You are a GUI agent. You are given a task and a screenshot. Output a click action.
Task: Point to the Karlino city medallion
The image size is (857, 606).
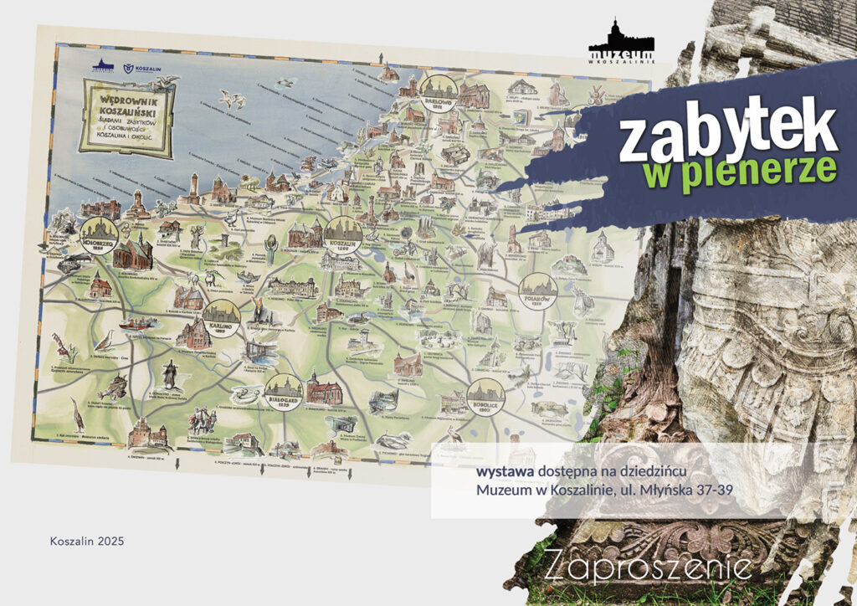[221, 316]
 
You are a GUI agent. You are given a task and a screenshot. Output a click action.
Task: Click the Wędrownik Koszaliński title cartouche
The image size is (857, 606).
[125, 116]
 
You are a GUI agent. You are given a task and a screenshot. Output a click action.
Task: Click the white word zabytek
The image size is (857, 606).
[727, 131]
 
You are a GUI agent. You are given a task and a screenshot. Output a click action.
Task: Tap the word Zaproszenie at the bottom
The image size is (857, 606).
[647, 567]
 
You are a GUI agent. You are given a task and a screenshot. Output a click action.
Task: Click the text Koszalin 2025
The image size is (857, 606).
[87, 542]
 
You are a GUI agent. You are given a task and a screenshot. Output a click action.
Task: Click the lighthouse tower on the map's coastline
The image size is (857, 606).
[194, 187]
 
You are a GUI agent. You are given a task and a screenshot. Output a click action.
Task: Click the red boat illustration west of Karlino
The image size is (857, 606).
[134, 323]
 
